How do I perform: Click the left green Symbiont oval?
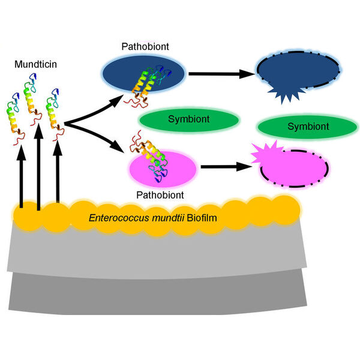click(189, 119)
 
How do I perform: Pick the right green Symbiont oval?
click(308, 127)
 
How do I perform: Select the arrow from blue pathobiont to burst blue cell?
click(219, 75)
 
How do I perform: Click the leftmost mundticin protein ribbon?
click(16, 117)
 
